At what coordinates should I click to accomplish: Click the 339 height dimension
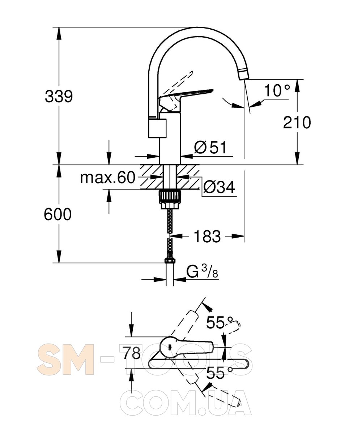[59, 97]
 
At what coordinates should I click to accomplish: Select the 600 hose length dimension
[58, 214]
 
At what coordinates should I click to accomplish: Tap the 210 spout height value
[297, 123]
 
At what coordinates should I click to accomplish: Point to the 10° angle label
[277, 90]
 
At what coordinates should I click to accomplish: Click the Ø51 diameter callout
[210, 147]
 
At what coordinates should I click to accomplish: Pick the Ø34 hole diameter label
[219, 187]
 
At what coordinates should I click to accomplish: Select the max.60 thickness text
[108, 178]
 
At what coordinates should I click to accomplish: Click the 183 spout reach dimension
[207, 236]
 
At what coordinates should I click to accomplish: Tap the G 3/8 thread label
[202, 272]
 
